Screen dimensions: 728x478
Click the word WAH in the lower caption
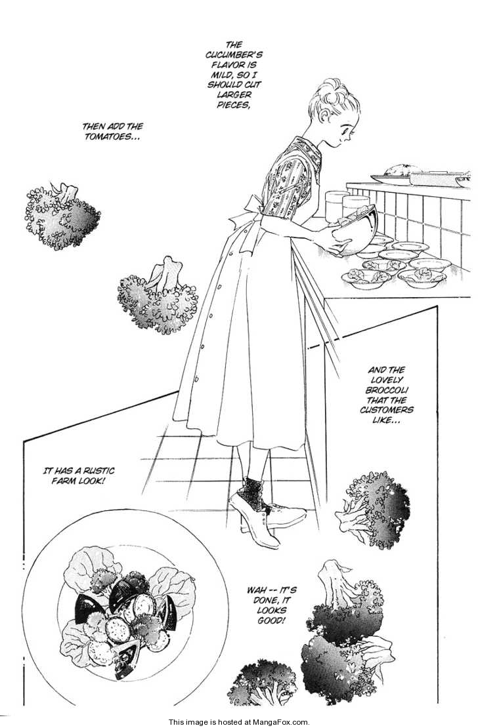point(253,583)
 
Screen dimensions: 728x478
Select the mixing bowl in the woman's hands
point(355,231)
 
